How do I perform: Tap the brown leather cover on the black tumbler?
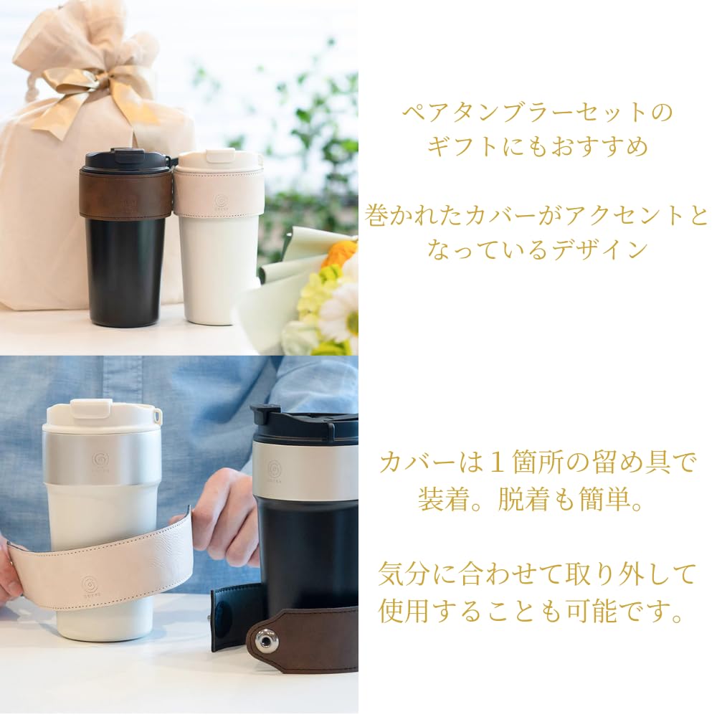[x=125, y=194]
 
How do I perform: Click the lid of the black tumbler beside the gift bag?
[x=127, y=160]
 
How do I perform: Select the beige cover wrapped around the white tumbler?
[x=219, y=192]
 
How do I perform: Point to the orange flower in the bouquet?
[x=340, y=252]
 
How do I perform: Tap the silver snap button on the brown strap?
[x=267, y=639]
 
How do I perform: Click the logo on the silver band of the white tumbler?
[x=100, y=459]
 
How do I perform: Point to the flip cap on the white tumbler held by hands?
[x=90, y=409]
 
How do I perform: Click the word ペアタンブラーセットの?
[x=537, y=113]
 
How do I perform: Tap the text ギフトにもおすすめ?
[x=537, y=147]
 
